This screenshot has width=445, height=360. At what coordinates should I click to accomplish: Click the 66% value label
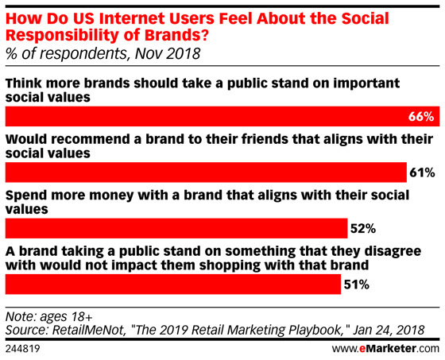421,117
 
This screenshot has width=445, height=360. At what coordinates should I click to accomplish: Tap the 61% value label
422,172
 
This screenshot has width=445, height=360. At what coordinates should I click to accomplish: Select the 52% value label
363,228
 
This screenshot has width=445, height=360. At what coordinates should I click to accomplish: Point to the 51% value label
357,285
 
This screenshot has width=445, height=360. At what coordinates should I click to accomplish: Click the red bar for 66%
222,116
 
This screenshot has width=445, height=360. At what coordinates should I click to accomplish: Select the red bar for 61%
206,172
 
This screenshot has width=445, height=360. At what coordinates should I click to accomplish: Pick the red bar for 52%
176,228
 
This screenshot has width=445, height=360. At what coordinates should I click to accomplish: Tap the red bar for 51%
173,285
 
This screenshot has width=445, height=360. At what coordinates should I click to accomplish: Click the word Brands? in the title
176,35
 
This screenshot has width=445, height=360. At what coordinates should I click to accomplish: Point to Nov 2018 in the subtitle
168,53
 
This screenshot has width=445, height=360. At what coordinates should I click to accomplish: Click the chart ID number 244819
23,349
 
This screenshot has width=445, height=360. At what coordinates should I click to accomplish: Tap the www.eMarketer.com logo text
385,348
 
